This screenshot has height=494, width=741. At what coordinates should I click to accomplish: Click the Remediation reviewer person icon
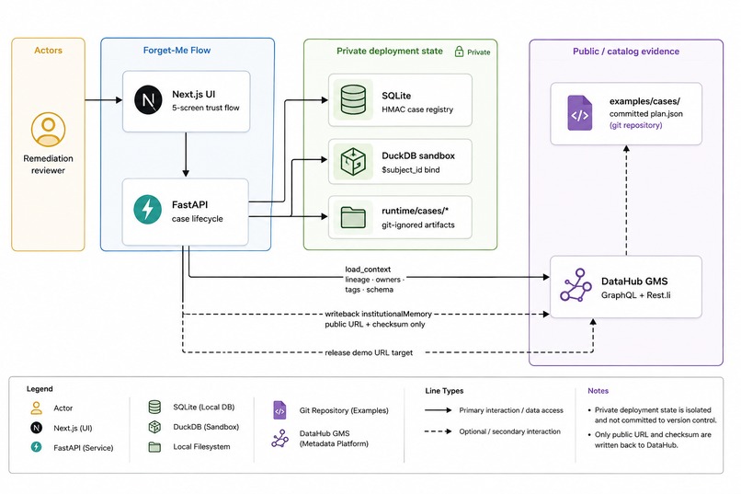point(48,129)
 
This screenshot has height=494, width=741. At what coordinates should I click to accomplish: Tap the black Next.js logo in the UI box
point(148,100)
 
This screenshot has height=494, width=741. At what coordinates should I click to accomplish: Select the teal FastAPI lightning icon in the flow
point(147,209)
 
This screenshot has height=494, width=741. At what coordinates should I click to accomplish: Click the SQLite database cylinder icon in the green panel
point(353,99)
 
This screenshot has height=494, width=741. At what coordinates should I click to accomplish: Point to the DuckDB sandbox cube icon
point(353,161)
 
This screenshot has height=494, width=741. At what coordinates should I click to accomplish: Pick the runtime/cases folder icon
point(353,217)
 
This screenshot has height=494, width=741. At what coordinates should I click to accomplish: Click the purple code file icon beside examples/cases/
point(580,113)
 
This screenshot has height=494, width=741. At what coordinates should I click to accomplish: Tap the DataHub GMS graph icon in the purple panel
point(576,285)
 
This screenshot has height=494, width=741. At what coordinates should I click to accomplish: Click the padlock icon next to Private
point(459,52)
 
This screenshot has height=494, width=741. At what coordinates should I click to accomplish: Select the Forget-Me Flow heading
point(177,50)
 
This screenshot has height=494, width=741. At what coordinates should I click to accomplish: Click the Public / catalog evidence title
point(626,51)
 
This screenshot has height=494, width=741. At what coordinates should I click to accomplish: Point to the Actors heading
point(48,50)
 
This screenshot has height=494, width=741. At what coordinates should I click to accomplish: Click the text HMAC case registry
point(417,109)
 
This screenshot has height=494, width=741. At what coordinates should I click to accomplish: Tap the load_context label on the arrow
point(368,269)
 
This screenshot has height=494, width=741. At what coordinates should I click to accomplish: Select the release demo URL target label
point(369,352)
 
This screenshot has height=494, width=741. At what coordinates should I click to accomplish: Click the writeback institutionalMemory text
point(378,314)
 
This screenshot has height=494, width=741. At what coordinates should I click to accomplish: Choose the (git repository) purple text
point(635,125)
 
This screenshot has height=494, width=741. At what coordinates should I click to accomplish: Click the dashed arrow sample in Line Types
point(439,431)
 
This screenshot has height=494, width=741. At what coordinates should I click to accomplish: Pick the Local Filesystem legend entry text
point(201,447)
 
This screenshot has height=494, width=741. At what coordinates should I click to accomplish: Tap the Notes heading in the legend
point(598,391)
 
